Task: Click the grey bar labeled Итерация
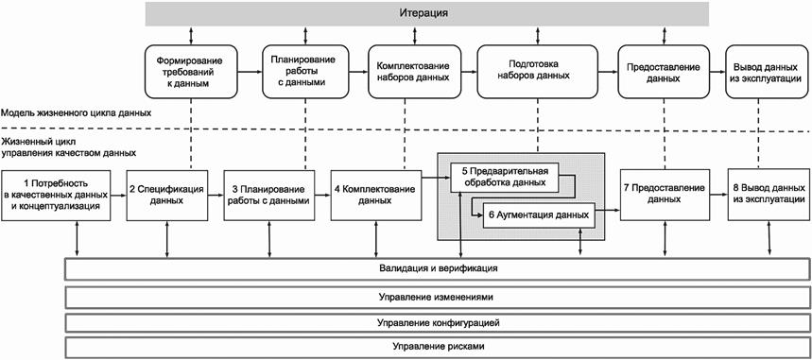[x=426, y=13]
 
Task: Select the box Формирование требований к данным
[x=191, y=72]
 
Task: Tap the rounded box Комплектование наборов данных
[x=415, y=72]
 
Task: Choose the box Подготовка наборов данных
[x=537, y=72]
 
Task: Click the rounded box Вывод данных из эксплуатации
[x=766, y=72]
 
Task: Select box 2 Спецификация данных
[x=166, y=195]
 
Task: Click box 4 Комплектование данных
[x=375, y=196]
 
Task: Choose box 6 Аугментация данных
[x=538, y=214]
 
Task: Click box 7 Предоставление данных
[x=665, y=195]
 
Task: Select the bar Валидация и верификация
[x=438, y=269]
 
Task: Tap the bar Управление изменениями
[x=438, y=298]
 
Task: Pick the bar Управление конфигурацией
[x=438, y=323]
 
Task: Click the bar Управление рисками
[x=438, y=347]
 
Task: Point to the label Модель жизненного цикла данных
[x=77, y=113]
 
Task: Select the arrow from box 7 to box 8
[x=718, y=195]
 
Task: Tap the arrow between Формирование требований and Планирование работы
[x=251, y=72]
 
